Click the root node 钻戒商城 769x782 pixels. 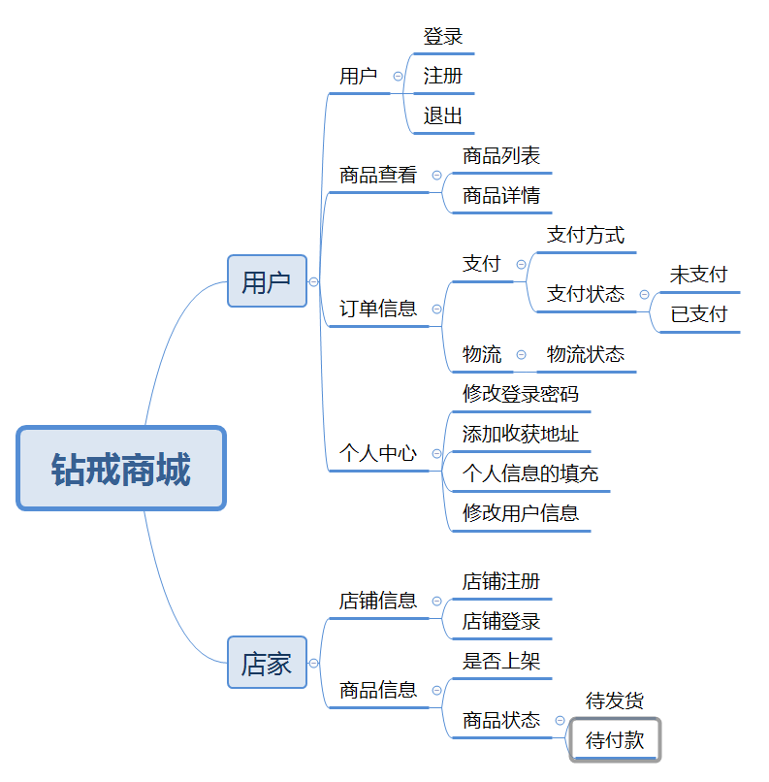click(x=121, y=469)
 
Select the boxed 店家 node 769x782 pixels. click(x=267, y=664)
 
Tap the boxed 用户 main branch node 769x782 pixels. click(x=267, y=281)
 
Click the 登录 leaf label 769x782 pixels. click(x=443, y=37)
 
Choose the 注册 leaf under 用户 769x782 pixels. click(x=443, y=76)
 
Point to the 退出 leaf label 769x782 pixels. click(x=443, y=115)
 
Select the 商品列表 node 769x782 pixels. click(x=501, y=155)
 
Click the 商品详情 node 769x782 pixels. click(x=501, y=195)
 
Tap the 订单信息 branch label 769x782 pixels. click(x=378, y=309)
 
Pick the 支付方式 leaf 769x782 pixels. click(x=586, y=234)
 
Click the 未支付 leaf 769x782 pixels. click(x=698, y=275)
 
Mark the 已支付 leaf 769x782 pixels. click(x=698, y=314)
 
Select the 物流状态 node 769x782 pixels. click(x=586, y=354)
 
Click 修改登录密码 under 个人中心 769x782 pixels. click(x=521, y=394)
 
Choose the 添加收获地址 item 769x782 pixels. click(x=521, y=434)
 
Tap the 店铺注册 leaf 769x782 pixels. click(x=501, y=581)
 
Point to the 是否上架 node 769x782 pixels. click(x=501, y=661)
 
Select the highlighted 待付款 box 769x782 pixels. click(x=615, y=740)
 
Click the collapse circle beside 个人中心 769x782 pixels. click(x=436, y=453)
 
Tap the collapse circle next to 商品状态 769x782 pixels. click(x=560, y=721)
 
